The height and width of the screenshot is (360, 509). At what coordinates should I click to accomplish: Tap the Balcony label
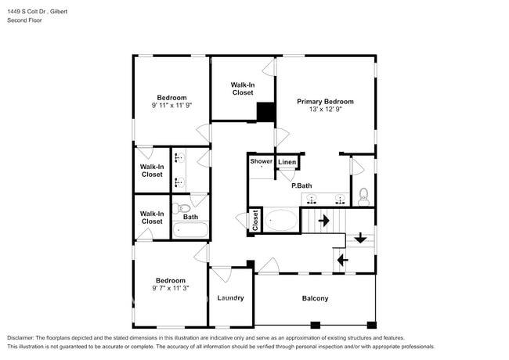click(x=315, y=298)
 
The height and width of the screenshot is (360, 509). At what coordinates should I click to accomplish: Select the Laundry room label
click(x=230, y=298)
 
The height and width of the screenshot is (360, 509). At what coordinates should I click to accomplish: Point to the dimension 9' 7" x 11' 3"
click(x=170, y=288)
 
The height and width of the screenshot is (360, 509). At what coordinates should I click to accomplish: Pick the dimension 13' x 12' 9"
click(x=325, y=110)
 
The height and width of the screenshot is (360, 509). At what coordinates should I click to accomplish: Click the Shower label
click(x=261, y=161)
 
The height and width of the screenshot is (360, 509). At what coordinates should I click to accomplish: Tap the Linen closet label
click(x=287, y=163)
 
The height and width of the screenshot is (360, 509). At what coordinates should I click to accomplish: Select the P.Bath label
click(x=302, y=185)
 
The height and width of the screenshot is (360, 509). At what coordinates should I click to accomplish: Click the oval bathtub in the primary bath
click(x=280, y=220)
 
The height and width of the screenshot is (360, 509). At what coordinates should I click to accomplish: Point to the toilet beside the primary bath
click(x=364, y=194)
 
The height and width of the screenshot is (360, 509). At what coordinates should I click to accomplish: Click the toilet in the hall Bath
click(x=179, y=209)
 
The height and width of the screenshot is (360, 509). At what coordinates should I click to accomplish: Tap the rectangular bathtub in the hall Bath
click(x=190, y=231)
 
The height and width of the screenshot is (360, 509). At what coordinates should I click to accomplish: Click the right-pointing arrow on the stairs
click(x=323, y=221)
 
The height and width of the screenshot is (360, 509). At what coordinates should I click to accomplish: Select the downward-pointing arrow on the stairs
click(x=360, y=238)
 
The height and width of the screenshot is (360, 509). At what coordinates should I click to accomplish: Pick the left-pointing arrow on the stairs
click(x=342, y=258)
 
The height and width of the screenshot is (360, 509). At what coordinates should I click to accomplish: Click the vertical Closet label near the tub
click(x=255, y=221)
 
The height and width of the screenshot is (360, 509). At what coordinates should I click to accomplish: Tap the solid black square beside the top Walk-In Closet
click(x=266, y=113)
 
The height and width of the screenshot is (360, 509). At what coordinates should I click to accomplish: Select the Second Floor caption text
click(x=25, y=20)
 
